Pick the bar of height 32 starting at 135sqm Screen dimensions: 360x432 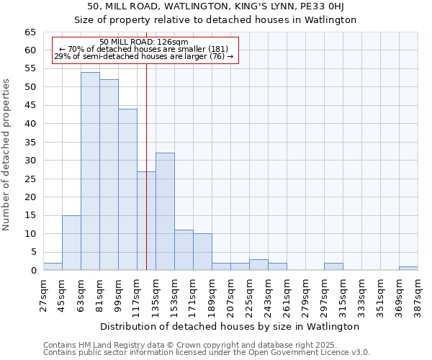click(165, 212)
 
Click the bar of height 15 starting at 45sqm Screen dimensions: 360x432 click(71, 243)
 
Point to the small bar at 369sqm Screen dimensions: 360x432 click(408, 269)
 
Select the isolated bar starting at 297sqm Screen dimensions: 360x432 click(333, 266)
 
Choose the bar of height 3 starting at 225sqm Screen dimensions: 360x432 click(258, 265)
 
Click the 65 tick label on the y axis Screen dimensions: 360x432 click(30, 32)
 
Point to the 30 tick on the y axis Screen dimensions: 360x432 click(30, 161)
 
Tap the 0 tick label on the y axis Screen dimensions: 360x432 click(32, 271)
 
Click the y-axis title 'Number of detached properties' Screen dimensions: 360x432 click(6, 155)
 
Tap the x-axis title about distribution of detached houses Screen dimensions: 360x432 click(230, 326)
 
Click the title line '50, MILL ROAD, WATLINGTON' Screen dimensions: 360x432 click(215, 6)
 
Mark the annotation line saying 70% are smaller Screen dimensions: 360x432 click(144, 49)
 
